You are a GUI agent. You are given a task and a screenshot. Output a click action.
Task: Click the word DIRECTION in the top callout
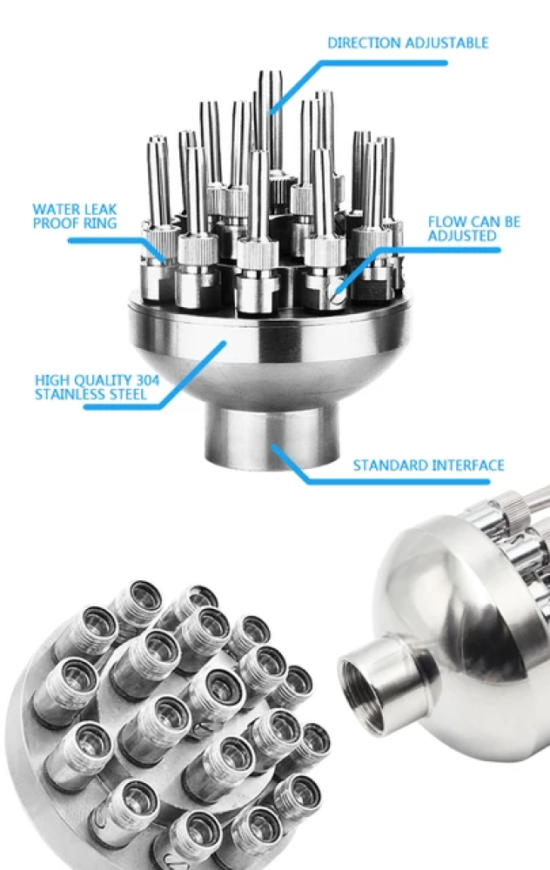click(364, 43)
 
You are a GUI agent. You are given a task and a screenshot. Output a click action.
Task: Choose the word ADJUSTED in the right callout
click(462, 236)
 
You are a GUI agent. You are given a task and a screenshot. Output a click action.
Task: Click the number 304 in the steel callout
click(147, 380)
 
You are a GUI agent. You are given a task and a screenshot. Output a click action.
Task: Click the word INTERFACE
click(468, 465)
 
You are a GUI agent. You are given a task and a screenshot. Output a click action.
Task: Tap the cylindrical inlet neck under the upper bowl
click(272, 435)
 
